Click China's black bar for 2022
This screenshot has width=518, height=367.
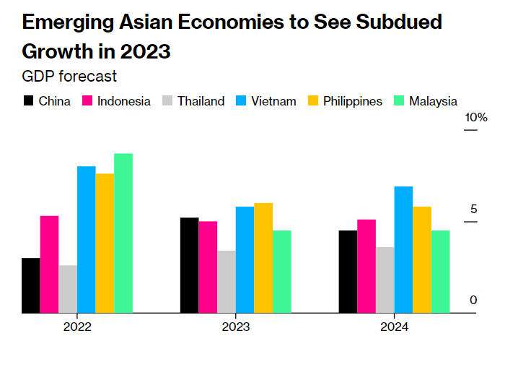[30, 285]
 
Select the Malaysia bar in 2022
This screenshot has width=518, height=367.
[123, 233]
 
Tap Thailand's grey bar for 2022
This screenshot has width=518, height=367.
[68, 289]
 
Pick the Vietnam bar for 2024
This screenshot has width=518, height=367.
[403, 250]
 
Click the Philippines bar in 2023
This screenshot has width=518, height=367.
[263, 258]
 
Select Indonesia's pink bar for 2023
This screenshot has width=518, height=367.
[208, 267]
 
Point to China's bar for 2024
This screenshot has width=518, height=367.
[348, 272]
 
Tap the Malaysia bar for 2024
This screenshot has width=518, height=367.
[440, 272]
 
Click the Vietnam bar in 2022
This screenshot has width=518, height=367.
[87, 240]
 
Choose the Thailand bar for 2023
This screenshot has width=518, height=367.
[227, 282]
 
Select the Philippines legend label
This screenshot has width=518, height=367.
[352, 101]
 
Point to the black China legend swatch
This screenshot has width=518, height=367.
[29, 101]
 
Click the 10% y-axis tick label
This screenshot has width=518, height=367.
[476, 118]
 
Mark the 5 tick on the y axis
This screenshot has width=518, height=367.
[473, 210]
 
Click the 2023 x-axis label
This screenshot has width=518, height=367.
[236, 327]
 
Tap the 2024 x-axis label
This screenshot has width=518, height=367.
[394, 327]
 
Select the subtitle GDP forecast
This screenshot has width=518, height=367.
[69, 76]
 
